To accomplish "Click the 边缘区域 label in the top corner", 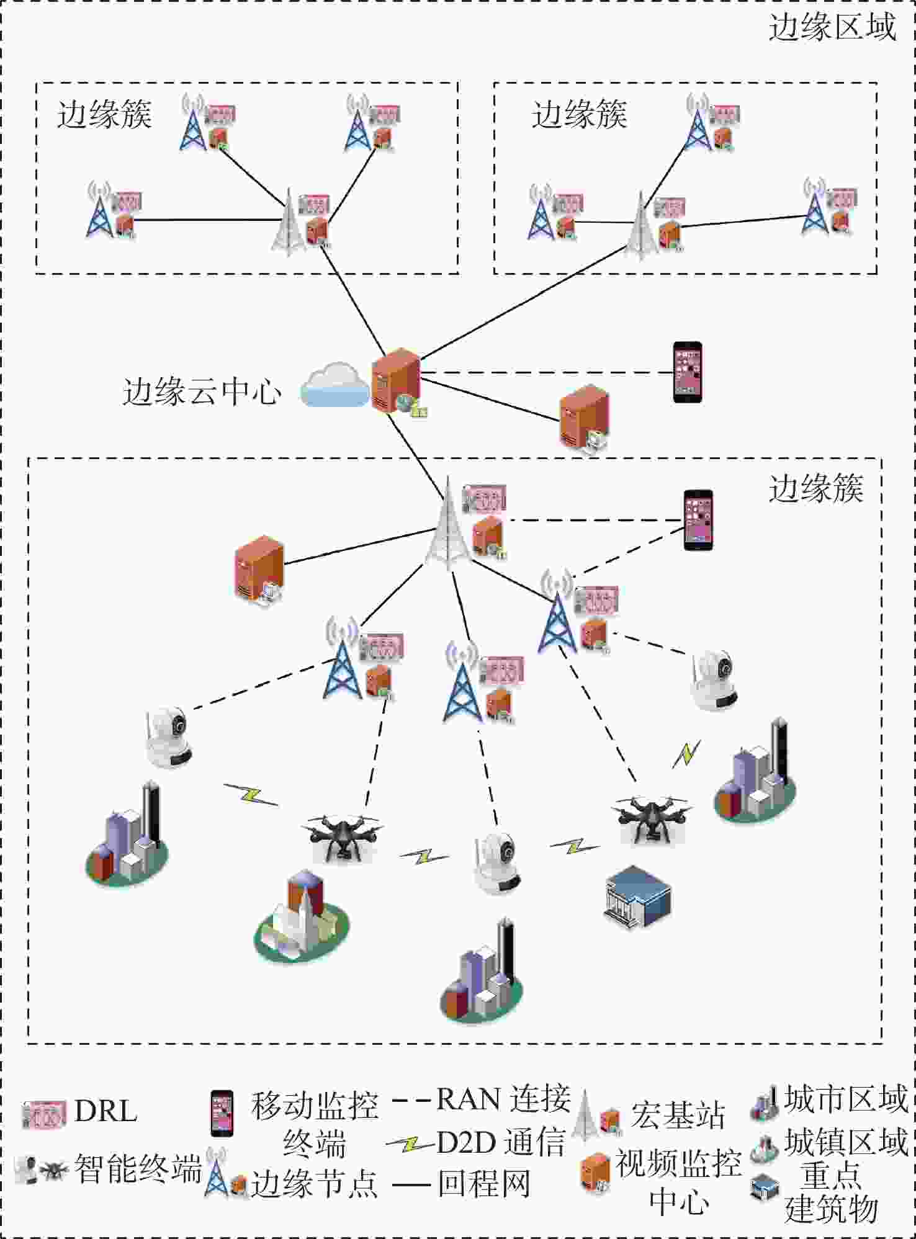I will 832,28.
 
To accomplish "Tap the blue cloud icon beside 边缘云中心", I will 335,385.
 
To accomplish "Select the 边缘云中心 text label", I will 202,391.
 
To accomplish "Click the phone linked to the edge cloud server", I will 688,372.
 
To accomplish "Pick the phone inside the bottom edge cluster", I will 698,520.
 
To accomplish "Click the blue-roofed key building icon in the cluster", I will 637,897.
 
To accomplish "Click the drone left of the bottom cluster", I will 342,837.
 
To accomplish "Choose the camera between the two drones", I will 497,864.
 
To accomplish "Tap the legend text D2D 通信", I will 501,1142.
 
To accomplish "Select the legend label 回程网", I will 484,1184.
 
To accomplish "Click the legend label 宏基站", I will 678,1115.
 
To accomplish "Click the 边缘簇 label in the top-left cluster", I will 104,115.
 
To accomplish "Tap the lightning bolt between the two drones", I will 424,857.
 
